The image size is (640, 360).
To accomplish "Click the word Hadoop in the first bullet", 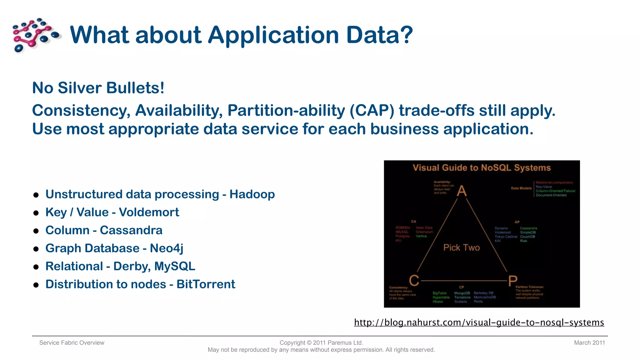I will (x=252, y=194).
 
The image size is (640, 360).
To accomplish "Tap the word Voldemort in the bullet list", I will (x=149, y=212).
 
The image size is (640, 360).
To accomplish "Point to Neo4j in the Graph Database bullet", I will (x=166, y=248).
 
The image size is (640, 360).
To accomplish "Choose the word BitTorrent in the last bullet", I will (x=206, y=284).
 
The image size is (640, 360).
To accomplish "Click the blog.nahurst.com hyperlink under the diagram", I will (x=479, y=322).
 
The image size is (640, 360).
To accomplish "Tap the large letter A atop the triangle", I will (x=462, y=191).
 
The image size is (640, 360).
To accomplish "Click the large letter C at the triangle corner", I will (x=414, y=280).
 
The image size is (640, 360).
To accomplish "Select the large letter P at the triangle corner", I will (x=512, y=281).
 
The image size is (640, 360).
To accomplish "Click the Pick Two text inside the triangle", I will (x=461, y=247).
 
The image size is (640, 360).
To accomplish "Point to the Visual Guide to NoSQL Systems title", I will (x=481, y=168).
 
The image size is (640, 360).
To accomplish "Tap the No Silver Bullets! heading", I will (x=98, y=88).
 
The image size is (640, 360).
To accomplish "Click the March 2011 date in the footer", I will (x=589, y=343).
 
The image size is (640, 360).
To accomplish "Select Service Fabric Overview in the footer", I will (x=72, y=343).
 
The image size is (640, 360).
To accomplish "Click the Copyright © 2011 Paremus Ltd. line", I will (x=321, y=343).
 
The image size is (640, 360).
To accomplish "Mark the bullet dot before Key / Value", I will (x=36, y=213).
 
